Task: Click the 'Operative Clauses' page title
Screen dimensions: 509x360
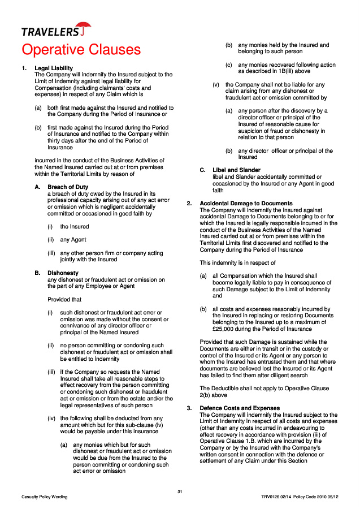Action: tap(81, 50)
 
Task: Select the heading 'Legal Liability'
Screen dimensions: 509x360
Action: tap(54, 68)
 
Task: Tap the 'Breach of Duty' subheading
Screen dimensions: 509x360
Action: tap(68, 187)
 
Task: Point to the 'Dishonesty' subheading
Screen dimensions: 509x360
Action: tap(63, 273)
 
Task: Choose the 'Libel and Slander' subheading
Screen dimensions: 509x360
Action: tap(236, 170)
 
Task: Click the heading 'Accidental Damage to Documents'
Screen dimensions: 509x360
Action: tap(246, 204)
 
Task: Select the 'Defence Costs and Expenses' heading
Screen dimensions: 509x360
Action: tap(240, 408)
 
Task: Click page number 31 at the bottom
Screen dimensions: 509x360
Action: tap(180, 491)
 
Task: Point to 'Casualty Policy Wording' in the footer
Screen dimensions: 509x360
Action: tap(45, 497)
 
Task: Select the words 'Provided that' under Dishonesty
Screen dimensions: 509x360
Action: tap(64, 300)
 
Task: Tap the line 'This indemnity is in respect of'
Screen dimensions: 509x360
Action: tap(237, 263)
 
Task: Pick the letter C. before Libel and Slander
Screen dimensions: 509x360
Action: tap(202, 170)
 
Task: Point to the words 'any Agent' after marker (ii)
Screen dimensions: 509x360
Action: tap(73, 240)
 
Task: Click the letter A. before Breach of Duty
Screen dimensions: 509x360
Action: tap(37, 187)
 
